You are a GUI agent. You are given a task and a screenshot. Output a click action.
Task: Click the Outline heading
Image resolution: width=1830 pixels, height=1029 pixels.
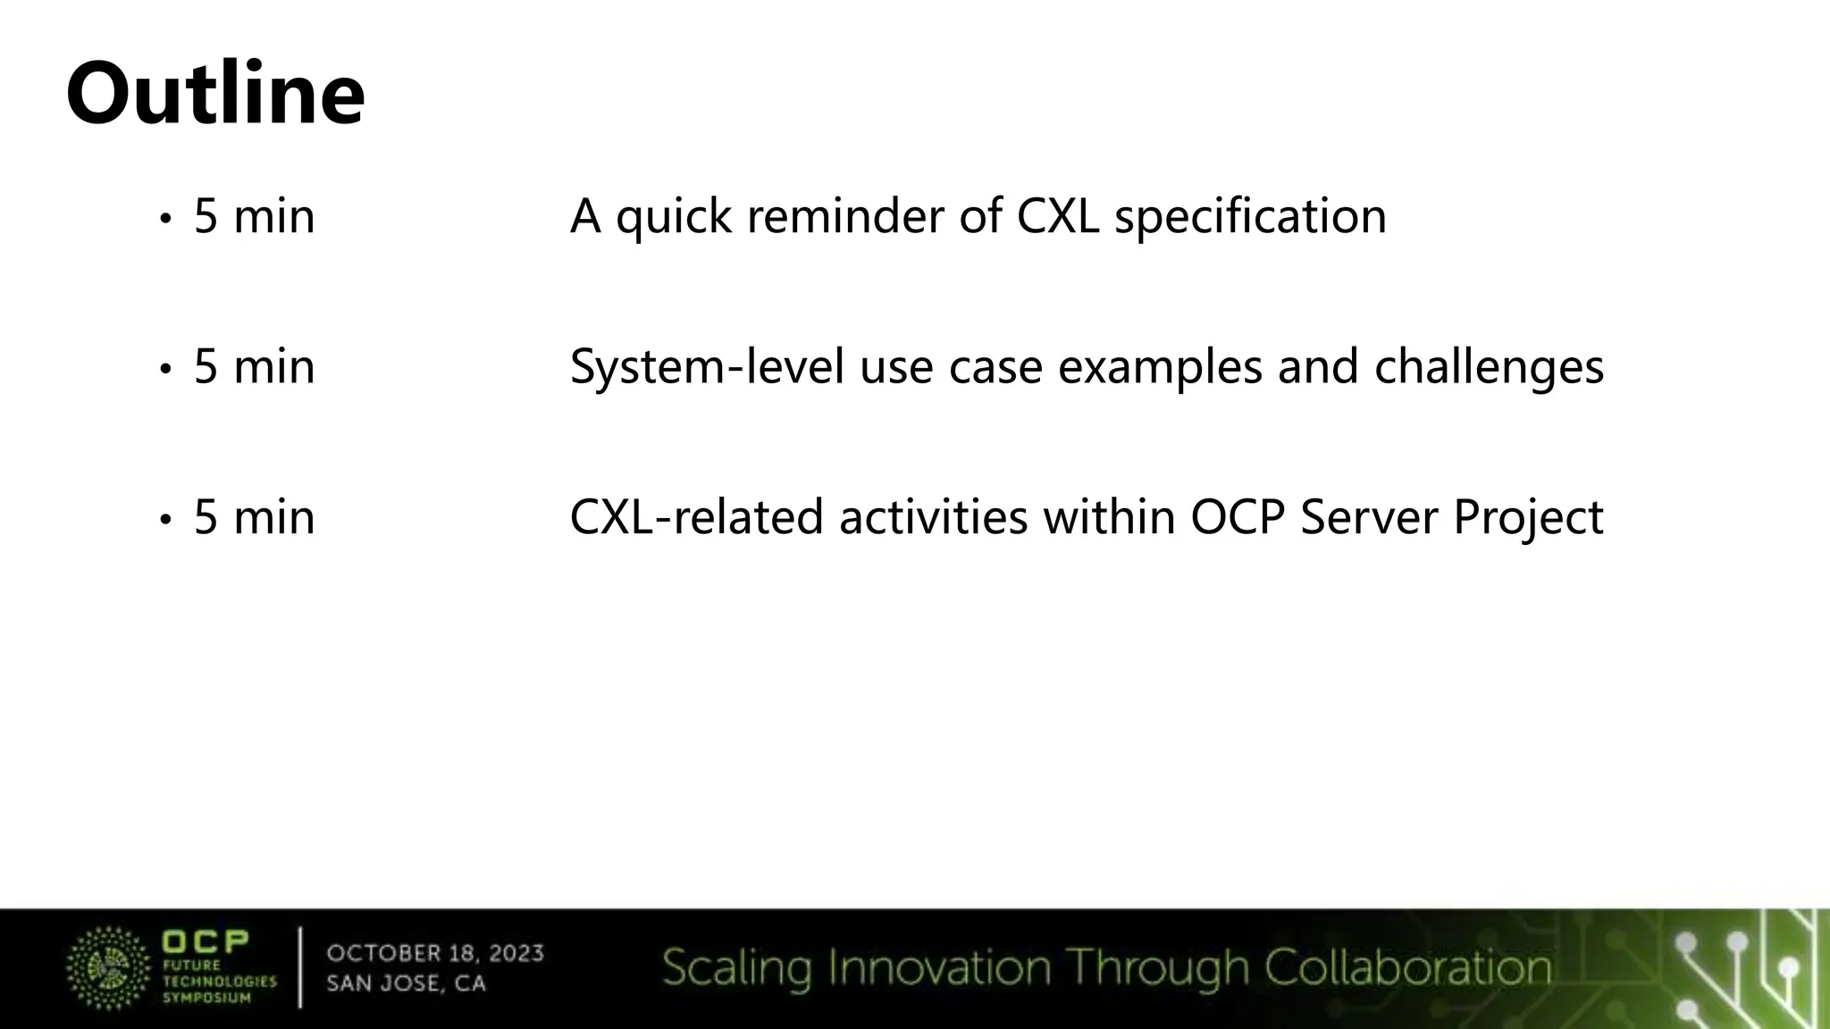pyautogui.click(x=215, y=93)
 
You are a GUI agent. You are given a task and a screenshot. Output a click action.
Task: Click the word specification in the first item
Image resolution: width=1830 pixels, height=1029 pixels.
pyautogui.click(x=1250, y=216)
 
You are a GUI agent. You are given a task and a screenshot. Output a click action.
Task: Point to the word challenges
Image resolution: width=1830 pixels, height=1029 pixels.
pyautogui.click(x=1489, y=366)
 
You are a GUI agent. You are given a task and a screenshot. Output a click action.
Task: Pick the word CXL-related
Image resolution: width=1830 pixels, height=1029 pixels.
pyautogui.click(x=696, y=517)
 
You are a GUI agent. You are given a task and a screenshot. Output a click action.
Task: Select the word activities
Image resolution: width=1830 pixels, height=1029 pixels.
pyautogui.click(x=933, y=517)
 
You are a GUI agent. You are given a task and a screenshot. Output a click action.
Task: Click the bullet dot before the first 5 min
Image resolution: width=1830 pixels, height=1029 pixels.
pyautogui.click(x=164, y=219)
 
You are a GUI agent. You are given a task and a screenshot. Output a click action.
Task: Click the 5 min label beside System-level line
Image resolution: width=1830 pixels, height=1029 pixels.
pyautogui.click(x=254, y=366)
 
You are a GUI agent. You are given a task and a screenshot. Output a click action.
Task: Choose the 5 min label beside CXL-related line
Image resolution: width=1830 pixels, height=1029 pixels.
pyautogui.click(x=254, y=517)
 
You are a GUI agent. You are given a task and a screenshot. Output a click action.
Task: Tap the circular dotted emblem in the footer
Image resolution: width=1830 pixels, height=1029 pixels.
pyautogui.click(x=108, y=968)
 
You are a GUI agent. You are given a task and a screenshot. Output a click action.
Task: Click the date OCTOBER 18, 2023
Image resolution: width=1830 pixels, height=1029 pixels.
pyautogui.click(x=435, y=953)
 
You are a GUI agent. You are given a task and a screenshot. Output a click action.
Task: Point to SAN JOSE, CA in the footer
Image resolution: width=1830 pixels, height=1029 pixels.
pyautogui.click(x=406, y=983)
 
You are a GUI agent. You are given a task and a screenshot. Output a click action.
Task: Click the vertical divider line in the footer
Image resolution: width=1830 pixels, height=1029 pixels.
pyautogui.click(x=300, y=968)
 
